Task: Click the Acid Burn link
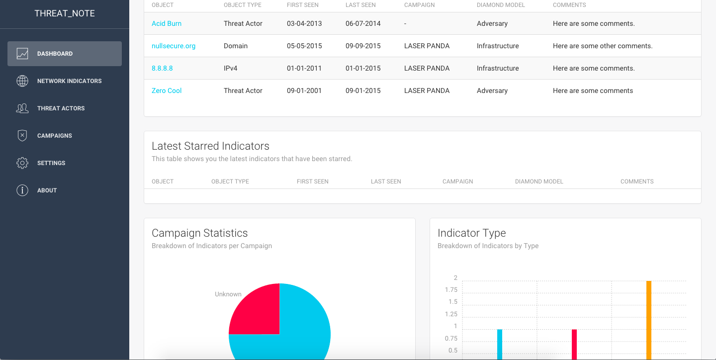166,23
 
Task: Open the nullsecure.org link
173,46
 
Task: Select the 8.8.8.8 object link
162,68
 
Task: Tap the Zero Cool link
167,90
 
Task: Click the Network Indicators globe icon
22,81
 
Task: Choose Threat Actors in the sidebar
61,108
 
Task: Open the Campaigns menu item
54,136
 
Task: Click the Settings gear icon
22,163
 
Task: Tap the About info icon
22,190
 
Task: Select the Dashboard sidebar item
65,54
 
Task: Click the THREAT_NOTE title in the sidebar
65,13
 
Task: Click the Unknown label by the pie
228,294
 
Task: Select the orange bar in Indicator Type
649,321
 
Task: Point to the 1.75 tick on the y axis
451,290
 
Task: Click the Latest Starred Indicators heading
210,146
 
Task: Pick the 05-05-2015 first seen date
304,46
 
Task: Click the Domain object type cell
236,46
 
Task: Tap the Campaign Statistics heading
199,233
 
